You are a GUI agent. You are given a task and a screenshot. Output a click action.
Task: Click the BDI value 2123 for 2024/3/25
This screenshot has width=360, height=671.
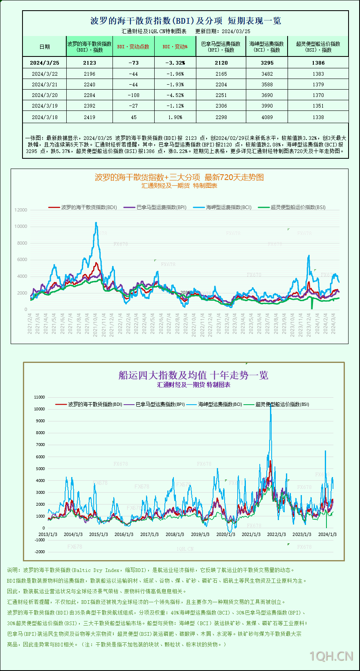(x=89, y=63)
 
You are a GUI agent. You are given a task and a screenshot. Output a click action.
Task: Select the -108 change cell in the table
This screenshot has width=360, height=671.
(x=133, y=95)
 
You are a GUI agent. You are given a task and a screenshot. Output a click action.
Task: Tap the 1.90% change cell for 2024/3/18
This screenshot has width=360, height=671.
(x=175, y=117)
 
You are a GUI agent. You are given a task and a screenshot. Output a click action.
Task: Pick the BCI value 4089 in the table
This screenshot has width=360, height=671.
(x=267, y=117)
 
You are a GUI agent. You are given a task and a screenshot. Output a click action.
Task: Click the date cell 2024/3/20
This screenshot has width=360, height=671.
(x=45, y=95)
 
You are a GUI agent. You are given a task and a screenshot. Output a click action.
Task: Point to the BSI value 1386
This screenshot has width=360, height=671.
(x=318, y=63)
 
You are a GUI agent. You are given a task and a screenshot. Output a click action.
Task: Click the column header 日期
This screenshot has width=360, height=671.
(x=45, y=47)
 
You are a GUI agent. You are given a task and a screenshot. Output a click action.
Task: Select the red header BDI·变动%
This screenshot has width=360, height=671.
(x=175, y=47)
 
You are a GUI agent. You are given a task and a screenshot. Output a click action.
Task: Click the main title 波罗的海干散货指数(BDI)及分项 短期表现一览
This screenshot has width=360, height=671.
(x=185, y=21)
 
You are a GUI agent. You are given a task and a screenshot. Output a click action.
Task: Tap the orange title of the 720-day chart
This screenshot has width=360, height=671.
(x=179, y=177)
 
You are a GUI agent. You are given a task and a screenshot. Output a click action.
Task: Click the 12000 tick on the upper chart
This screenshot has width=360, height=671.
(x=21, y=210)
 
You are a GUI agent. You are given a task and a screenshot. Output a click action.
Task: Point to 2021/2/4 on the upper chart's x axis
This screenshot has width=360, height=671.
(x=30, y=324)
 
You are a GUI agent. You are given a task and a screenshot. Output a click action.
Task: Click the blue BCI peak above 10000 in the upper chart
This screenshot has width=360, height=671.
(x=96, y=223)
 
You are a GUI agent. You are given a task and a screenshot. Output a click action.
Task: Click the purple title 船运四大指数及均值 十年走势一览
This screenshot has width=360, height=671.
(x=193, y=375)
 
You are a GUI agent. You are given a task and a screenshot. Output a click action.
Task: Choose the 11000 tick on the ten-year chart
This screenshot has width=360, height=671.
(x=40, y=397)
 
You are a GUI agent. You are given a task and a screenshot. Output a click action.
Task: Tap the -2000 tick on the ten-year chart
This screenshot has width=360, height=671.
(x=40, y=552)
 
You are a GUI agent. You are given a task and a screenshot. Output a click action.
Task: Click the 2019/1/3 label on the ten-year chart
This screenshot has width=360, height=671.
(x=200, y=534)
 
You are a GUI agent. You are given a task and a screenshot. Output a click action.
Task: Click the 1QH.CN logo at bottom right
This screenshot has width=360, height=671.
(x=331, y=656)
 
